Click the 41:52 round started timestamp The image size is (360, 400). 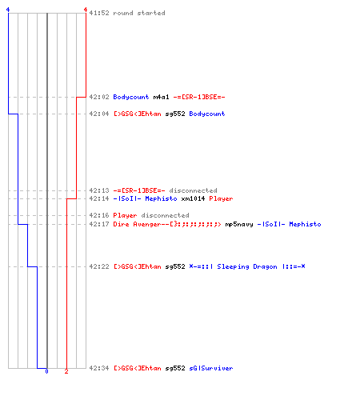click(x=99, y=13)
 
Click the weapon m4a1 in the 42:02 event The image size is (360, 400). click(x=161, y=97)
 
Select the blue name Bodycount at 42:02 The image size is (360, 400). click(x=131, y=97)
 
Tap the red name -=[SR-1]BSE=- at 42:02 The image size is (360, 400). click(x=199, y=97)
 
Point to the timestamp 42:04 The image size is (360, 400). click(x=99, y=114)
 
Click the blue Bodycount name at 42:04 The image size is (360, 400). click(x=207, y=114)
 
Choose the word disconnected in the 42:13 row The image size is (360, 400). click(x=193, y=190)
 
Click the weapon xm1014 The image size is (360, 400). click(x=193, y=198)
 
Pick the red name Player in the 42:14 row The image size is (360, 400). click(x=221, y=198)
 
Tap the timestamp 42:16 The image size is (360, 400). click(x=99, y=215)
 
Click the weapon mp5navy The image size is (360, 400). click(x=239, y=224)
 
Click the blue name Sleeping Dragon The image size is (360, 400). click(x=247, y=266)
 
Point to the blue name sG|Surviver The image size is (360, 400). click(x=211, y=368)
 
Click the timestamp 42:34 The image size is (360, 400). click(x=99, y=368)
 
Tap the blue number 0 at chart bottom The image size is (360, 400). click(x=46, y=371)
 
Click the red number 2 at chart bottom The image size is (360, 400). click(x=66, y=371)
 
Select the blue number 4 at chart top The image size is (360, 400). click(x=8, y=10)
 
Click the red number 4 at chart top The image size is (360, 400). click(x=86, y=10)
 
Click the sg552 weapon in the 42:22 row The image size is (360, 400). click(x=175, y=266)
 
